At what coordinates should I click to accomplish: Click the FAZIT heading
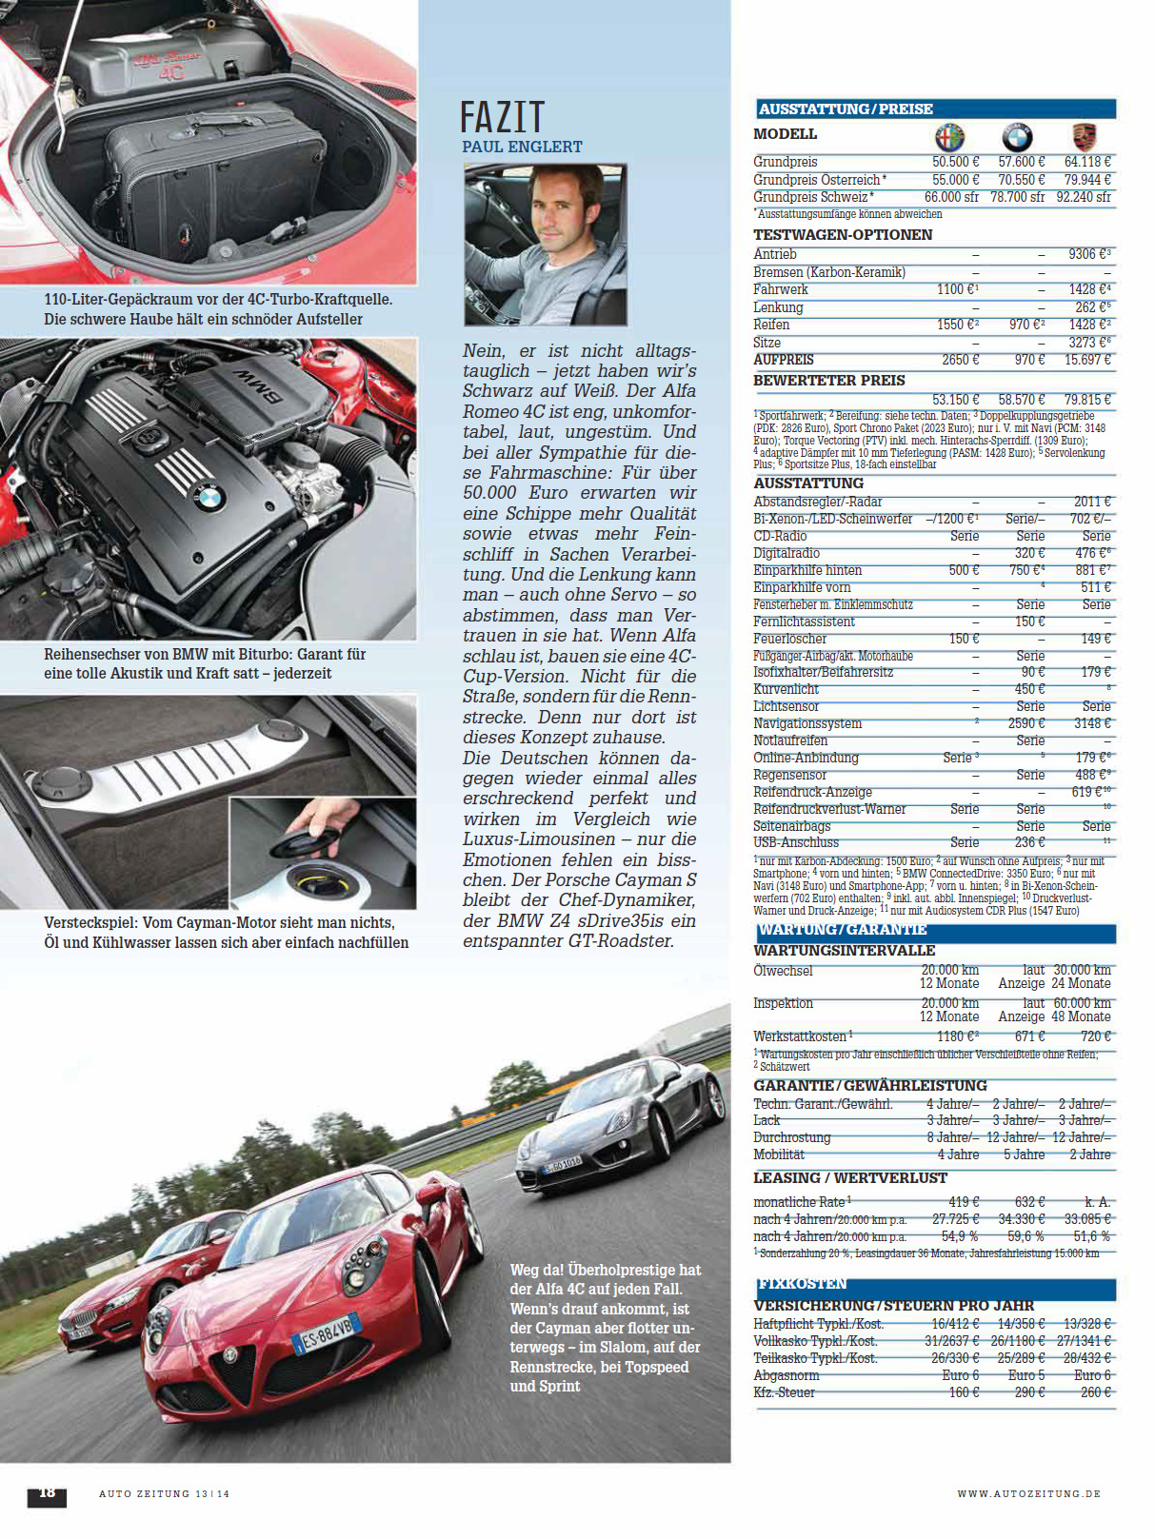502,117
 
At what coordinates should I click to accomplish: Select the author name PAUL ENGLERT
522,147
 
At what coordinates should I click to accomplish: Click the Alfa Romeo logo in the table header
949,136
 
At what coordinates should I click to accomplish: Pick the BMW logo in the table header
1017,136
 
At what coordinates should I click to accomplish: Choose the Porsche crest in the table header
1085,136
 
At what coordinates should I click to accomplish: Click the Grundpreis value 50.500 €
955,162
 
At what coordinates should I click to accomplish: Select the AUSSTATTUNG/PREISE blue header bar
936,109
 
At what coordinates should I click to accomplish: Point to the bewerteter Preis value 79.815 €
1087,400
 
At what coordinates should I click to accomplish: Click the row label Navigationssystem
807,723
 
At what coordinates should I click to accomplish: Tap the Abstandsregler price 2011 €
1091,502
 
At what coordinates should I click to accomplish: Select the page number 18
46,1492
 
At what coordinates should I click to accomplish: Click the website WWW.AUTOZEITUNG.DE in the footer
1028,1494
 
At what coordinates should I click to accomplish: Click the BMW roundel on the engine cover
209,497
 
